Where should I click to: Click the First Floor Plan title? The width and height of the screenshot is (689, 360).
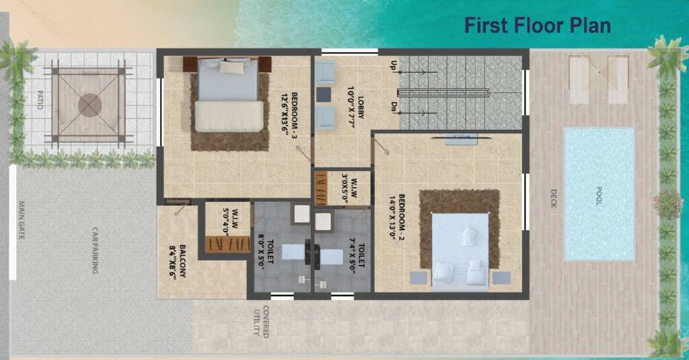(x=538, y=25)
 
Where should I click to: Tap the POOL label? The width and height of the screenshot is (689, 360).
(x=598, y=196)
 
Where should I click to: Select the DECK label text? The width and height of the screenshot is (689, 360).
(x=553, y=199)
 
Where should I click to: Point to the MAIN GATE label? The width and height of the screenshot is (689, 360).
(x=22, y=220)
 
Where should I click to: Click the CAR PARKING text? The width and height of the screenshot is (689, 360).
(x=95, y=250)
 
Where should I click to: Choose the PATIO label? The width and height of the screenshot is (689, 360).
(x=40, y=100)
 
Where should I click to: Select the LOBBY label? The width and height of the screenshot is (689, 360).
(x=356, y=107)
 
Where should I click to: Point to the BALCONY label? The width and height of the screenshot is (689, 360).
(x=178, y=261)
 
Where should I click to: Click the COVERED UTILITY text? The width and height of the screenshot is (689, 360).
(x=261, y=322)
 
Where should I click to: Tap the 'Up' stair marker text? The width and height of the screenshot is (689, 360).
(x=394, y=66)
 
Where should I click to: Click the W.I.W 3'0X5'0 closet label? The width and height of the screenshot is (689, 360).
(x=350, y=188)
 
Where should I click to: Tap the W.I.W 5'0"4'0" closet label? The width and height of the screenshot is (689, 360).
(x=231, y=221)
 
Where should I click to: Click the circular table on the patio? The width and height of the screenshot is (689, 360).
(x=90, y=104)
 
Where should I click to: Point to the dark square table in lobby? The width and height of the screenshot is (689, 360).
(x=324, y=94)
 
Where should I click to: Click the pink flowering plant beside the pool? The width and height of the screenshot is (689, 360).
(x=667, y=204)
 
